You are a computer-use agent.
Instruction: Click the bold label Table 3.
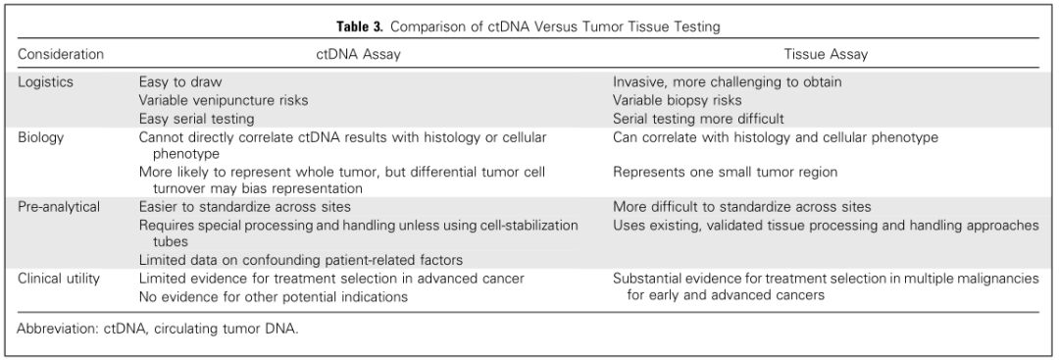[x=361, y=27]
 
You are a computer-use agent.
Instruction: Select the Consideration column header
[x=61, y=54]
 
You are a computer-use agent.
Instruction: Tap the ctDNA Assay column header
[x=355, y=54]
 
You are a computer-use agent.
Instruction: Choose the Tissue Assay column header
[x=826, y=54]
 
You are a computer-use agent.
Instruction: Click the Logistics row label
[x=45, y=82]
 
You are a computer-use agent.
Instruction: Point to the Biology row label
[x=40, y=137]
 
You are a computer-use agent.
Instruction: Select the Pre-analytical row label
[x=59, y=207]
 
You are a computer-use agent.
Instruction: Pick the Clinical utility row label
[x=59, y=279]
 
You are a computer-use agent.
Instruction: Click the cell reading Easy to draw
[x=180, y=82]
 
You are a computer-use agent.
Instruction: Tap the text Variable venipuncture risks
[x=224, y=101]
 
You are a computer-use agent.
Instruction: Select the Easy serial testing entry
[x=196, y=119]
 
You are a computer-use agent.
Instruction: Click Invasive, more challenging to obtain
[x=728, y=82]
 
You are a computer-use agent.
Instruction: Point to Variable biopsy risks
[x=678, y=101]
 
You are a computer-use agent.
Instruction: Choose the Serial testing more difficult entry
[x=698, y=119]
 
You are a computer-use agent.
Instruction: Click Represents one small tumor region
[x=726, y=173]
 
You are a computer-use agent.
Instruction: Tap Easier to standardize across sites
[x=245, y=207]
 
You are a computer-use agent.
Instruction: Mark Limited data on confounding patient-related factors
[x=301, y=260]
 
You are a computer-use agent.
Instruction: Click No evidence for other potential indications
[x=274, y=296]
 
